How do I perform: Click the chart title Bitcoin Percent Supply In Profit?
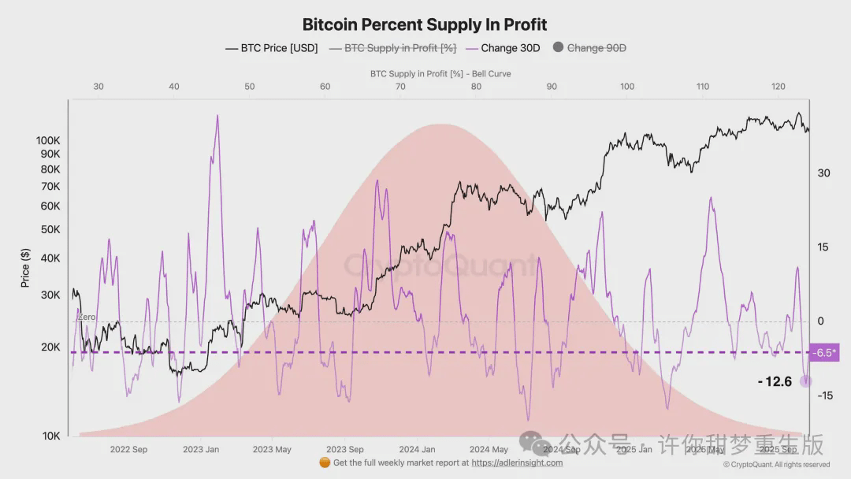[425, 24]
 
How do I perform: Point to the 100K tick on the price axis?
[48, 140]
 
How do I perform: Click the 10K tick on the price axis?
[51, 436]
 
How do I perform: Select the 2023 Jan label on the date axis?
[201, 450]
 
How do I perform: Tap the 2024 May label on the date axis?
[489, 450]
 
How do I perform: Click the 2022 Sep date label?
[128, 450]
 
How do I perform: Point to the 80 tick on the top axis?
[476, 87]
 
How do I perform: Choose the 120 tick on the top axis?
[779, 87]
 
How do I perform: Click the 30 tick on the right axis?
[823, 173]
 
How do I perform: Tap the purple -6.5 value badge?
[824, 352]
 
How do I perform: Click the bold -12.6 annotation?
[774, 382]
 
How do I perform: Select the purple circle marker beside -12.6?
[805, 381]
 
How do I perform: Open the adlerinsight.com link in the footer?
[517, 463]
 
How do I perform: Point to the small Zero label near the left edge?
[87, 317]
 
